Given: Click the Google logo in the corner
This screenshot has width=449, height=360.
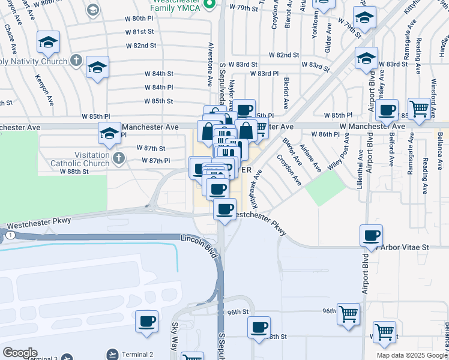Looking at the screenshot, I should [20, 353].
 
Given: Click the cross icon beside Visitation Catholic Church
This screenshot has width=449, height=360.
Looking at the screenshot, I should [119, 159].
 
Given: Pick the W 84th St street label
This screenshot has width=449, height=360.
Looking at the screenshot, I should [158, 73].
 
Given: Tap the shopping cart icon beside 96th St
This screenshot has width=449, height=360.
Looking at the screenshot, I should [348, 313].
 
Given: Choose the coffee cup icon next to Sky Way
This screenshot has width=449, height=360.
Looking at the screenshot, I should [146, 321].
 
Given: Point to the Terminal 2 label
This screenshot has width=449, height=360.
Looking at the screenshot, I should [137, 355].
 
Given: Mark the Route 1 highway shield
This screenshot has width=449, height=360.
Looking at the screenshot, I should [11, 235].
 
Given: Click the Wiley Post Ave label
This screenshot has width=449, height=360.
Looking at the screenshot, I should [337, 154].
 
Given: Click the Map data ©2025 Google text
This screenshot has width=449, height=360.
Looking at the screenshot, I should [412, 355].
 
